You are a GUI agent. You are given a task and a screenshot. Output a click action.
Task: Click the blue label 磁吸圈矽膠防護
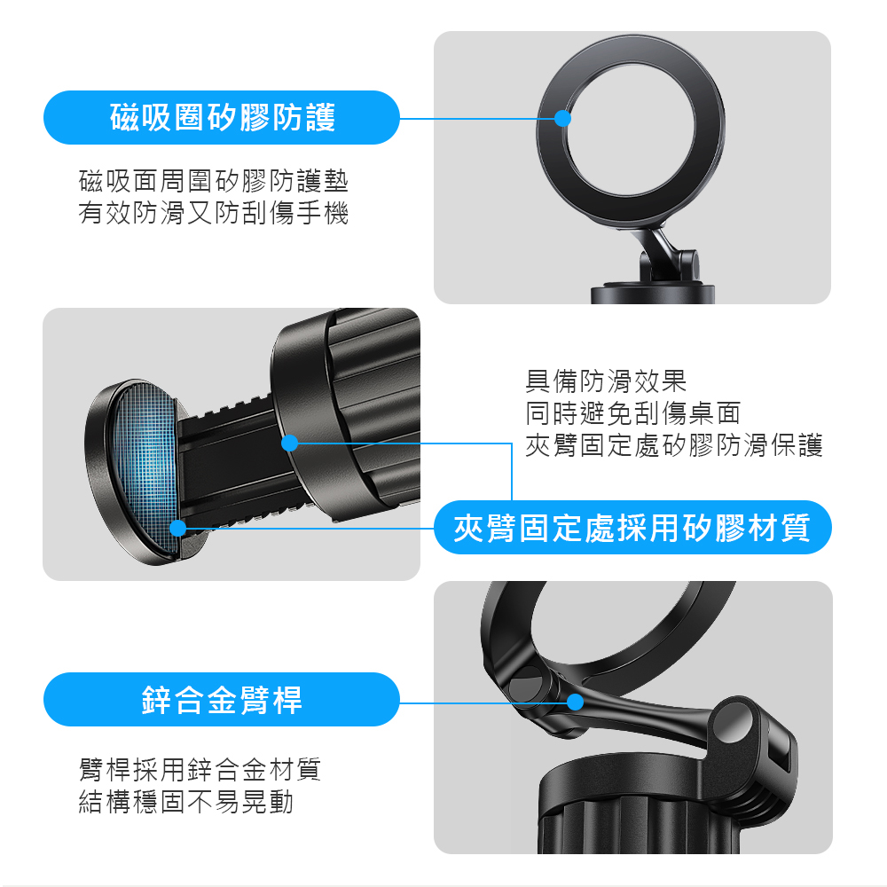(221, 117)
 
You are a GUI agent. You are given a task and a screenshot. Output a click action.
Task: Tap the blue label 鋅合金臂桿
(221, 699)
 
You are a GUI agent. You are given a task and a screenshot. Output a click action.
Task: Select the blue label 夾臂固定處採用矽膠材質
(632, 527)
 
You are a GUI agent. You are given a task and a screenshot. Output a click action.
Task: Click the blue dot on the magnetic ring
(562, 118)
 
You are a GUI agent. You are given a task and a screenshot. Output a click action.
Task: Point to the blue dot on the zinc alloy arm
(575, 702)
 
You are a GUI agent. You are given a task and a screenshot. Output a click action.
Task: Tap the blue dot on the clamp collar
(290, 443)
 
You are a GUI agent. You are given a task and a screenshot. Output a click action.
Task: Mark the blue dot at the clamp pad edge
(178, 528)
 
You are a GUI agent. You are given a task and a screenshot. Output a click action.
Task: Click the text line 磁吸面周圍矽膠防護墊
(213, 181)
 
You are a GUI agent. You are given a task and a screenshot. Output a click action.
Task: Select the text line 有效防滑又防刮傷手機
(213, 213)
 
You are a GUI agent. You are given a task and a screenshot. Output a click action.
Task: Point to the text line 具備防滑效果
(606, 381)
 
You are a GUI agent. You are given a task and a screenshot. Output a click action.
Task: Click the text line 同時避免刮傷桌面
(633, 413)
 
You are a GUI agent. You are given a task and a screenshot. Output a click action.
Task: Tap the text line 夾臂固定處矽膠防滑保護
(674, 445)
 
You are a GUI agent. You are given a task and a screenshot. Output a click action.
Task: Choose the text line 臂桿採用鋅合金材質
(200, 769)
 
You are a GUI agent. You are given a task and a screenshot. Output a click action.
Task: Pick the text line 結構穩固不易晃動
(186, 802)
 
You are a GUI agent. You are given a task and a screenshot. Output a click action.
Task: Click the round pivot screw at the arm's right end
(734, 723)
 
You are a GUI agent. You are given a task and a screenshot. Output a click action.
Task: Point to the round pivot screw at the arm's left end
(525, 685)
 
